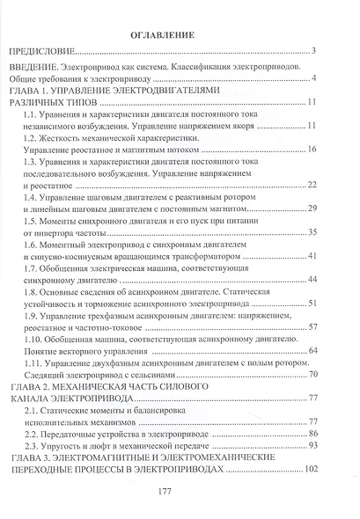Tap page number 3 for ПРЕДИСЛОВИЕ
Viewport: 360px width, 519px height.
click(x=312, y=51)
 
